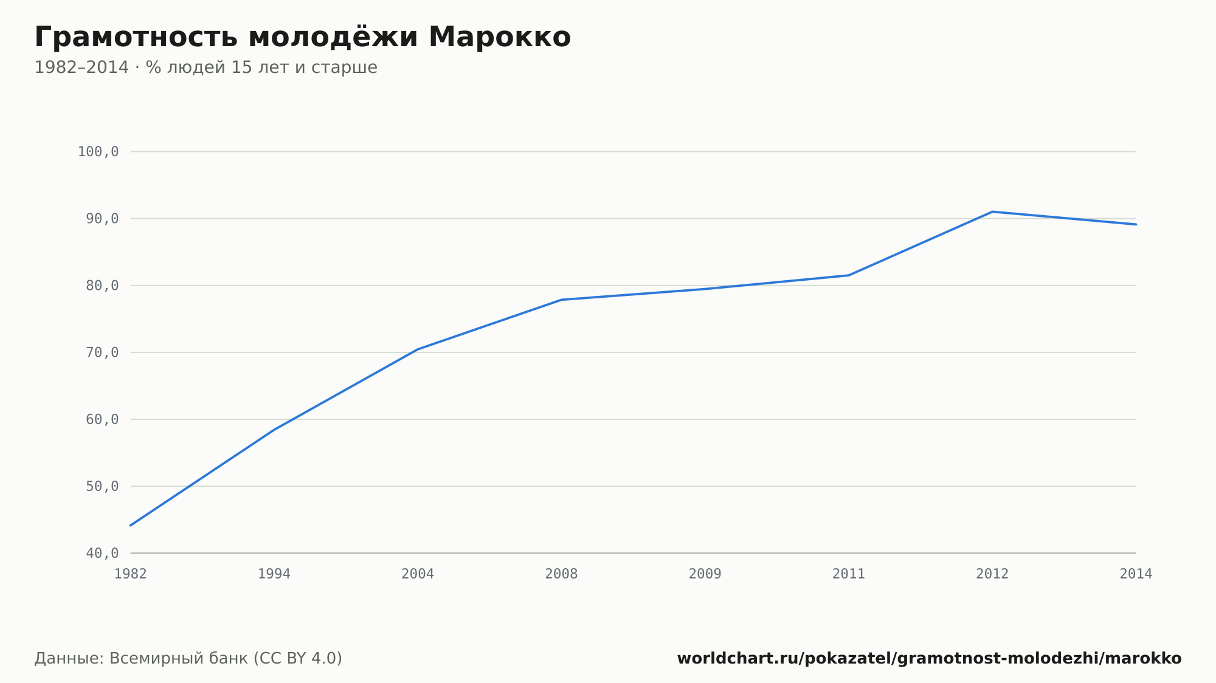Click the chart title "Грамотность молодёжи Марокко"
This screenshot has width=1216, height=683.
pyautogui.click(x=303, y=37)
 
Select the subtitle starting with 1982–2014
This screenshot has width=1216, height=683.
pyautogui.click(x=206, y=67)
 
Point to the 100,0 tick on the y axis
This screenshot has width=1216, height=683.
pyautogui.click(x=98, y=152)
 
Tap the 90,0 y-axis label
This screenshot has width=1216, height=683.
pyautogui.click(x=102, y=219)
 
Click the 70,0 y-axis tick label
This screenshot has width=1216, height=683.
pyautogui.click(x=102, y=352)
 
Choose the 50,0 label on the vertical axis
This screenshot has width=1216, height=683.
pyautogui.click(x=102, y=486)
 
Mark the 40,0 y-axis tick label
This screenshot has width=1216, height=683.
pyautogui.click(x=102, y=553)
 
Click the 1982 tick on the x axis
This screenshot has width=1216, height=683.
pyautogui.click(x=131, y=574)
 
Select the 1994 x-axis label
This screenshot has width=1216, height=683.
pyautogui.click(x=274, y=574)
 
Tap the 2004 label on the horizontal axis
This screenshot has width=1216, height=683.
pyautogui.click(x=418, y=574)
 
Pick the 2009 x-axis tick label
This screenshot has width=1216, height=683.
pyautogui.click(x=705, y=574)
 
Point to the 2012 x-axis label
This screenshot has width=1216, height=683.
pyautogui.click(x=992, y=574)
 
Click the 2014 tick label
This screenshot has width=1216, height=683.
pyautogui.click(x=1136, y=574)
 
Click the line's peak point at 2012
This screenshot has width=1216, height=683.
pyautogui.click(x=992, y=211)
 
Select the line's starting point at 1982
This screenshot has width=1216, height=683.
pyautogui.click(x=131, y=526)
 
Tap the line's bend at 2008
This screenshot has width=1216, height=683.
pyautogui.click(x=561, y=300)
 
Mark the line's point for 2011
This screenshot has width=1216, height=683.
pyautogui.click(x=849, y=275)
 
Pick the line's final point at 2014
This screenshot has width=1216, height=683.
pyautogui.click(x=1136, y=224)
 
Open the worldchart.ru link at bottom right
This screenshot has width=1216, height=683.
pyautogui.click(x=929, y=659)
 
